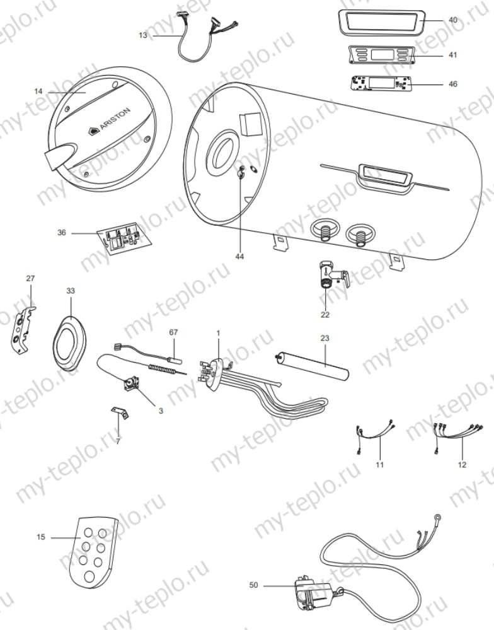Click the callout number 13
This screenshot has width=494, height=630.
(x=143, y=35)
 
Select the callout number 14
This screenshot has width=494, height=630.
(x=38, y=91)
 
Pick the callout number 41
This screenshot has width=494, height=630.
(x=453, y=55)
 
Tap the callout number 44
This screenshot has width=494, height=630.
(x=239, y=257)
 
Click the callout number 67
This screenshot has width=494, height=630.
(x=174, y=332)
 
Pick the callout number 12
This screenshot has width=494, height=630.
(x=462, y=465)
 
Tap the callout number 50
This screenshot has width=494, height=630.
(x=253, y=585)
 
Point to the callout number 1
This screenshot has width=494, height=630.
(x=218, y=332)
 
